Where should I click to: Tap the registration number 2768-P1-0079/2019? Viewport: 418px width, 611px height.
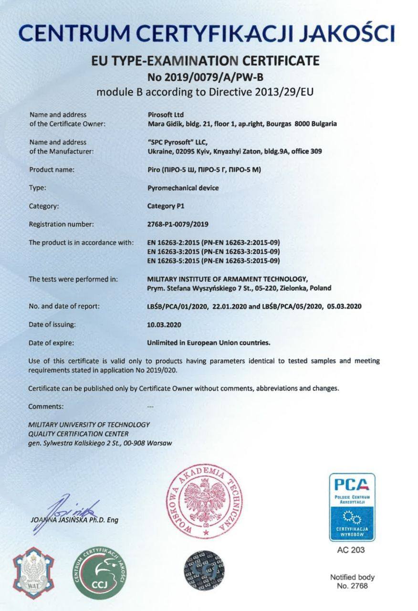click(x=178, y=223)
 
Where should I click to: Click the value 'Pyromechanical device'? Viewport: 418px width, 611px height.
click(x=183, y=188)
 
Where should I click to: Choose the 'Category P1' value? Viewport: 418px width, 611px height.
click(x=166, y=206)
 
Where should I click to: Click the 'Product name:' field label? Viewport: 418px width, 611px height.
click(x=52, y=169)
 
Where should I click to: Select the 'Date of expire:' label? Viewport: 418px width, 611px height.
click(x=51, y=343)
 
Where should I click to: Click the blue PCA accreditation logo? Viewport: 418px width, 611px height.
click(x=351, y=506)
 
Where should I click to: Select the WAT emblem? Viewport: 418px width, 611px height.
click(x=33, y=574)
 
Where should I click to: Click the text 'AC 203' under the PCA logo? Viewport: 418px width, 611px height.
click(x=351, y=550)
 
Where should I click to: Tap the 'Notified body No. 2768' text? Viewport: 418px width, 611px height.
click(x=352, y=581)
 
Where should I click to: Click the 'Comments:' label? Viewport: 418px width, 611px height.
click(x=46, y=407)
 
